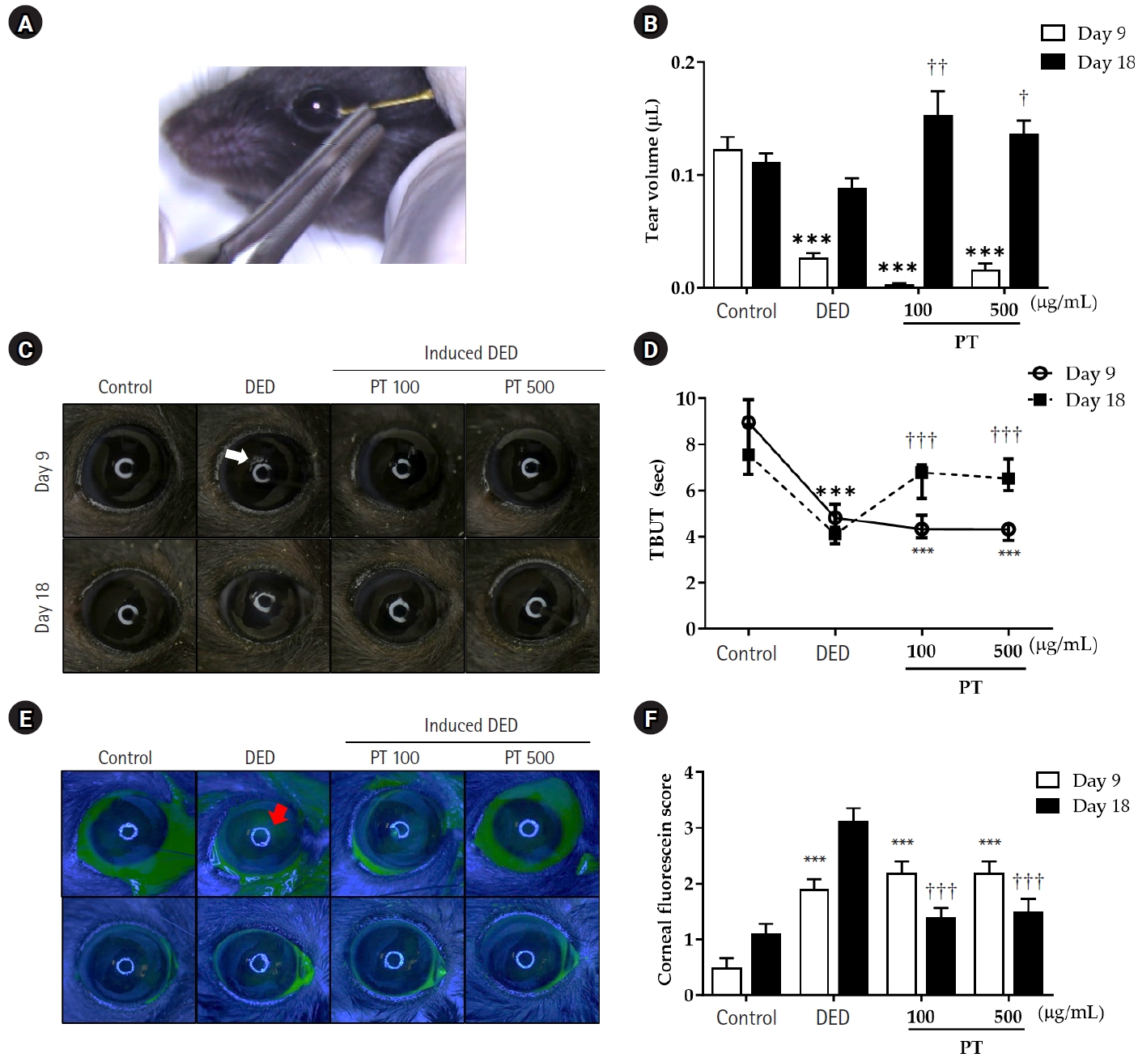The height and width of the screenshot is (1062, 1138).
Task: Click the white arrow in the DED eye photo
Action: [236, 456]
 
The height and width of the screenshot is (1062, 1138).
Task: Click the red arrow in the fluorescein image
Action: [279, 813]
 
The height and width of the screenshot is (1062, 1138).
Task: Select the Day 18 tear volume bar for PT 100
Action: [938, 202]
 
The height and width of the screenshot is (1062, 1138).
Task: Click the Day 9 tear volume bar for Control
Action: [727, 219]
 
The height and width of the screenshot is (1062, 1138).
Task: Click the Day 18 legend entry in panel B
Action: [1086, 62]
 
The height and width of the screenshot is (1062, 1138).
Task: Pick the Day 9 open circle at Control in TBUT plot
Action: [749, 423]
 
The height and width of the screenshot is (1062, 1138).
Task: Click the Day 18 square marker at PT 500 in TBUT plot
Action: [1008, 478]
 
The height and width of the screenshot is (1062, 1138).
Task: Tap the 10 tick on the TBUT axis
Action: [686, 398]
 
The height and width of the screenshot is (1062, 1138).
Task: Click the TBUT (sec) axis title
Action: [657, 509]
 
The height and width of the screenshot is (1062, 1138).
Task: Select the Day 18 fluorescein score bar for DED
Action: [852, 908]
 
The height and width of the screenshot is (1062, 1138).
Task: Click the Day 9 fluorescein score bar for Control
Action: [727, 981]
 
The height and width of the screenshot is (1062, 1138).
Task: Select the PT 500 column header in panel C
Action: [529, 387]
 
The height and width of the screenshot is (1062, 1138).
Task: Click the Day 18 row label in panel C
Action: [42, 607]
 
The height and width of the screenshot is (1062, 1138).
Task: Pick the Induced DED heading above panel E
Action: [470, 725]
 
